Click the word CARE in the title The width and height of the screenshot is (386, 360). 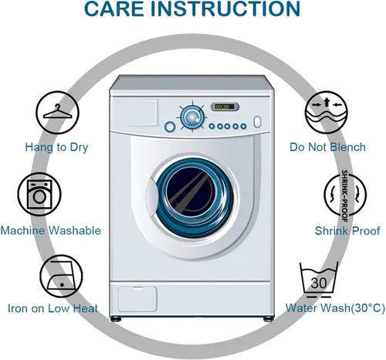pos(113,8)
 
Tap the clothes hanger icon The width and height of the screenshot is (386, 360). pos(57,111)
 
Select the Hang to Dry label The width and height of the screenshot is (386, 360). pos(56,148)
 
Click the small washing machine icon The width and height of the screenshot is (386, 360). pos(39,194)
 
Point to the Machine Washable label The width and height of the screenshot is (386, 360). pos(51,230)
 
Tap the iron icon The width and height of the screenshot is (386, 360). pos(60,276)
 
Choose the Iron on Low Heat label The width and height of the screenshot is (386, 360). pos(52,308)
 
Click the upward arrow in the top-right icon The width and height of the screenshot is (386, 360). pos(327,102)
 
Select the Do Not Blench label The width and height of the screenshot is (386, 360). pos(327,147)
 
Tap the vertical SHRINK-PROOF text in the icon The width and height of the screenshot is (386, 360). pos(344,195)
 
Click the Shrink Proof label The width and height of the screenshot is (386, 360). pos(347,231)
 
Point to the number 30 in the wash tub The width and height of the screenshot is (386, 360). pos(319,284)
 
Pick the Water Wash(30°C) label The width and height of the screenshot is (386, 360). pos(335,308)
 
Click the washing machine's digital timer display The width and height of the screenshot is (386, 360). pos(225,107)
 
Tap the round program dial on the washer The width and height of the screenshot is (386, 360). pos(192,117)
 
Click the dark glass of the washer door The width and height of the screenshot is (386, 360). pos(191,191)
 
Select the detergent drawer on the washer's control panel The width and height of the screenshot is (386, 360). pos(134,113)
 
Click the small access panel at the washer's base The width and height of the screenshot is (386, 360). pos(137,299)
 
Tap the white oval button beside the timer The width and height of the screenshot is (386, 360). pos(257,122)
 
